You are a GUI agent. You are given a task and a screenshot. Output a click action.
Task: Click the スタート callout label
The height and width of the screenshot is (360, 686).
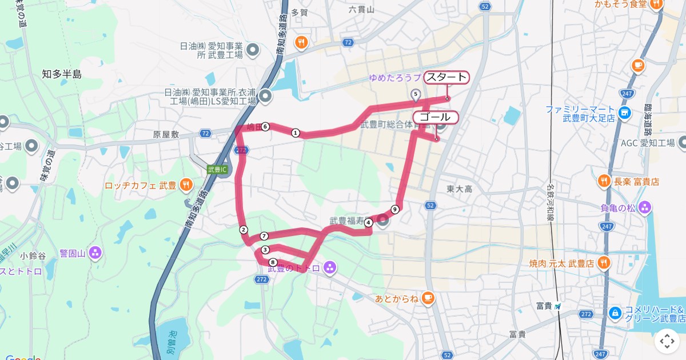click(x=446, y=78)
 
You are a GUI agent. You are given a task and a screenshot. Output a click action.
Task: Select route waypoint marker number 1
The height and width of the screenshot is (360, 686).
click(x=296, y=133)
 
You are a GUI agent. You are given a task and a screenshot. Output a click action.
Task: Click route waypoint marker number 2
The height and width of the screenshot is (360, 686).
click(x=244, y=230)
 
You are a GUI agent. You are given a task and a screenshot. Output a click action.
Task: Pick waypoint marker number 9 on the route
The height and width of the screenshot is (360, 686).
click(x=395, y=209)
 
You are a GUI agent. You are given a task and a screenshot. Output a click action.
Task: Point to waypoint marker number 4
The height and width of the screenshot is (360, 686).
click(x=368, y=222)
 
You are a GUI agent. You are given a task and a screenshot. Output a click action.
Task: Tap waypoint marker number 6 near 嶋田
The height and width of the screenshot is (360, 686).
click(x=266, y=127)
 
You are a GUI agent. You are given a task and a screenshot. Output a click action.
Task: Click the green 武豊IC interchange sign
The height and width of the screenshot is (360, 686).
click(x=217, y=170)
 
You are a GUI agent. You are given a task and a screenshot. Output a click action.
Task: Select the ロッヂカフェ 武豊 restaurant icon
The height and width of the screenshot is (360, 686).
click(x=186, y=185)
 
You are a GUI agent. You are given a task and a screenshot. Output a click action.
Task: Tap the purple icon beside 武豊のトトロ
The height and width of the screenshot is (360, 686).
click(x=329, y=267)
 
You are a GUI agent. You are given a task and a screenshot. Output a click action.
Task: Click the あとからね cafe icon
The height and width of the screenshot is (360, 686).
click(x=428, y=298)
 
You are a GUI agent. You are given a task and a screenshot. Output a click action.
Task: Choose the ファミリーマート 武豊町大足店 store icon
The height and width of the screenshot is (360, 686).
click(x=624, y=113)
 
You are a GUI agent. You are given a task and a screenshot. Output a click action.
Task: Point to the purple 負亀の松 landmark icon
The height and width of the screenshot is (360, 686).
click(x=645, y=207)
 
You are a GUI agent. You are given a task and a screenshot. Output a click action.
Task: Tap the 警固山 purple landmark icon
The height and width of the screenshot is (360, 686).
click(x=95, y=252)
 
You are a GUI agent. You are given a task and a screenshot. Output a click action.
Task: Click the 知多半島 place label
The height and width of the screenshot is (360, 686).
click(x=62, y=74)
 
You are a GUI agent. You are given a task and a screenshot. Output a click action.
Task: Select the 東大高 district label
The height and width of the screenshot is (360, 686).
click(x=459, y=189)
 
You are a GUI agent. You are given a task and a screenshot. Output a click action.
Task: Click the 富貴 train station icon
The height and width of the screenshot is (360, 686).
click(x=558, y=306)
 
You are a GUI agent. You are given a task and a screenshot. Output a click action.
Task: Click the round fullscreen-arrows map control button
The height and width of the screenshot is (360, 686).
click(x=667, y=341)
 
